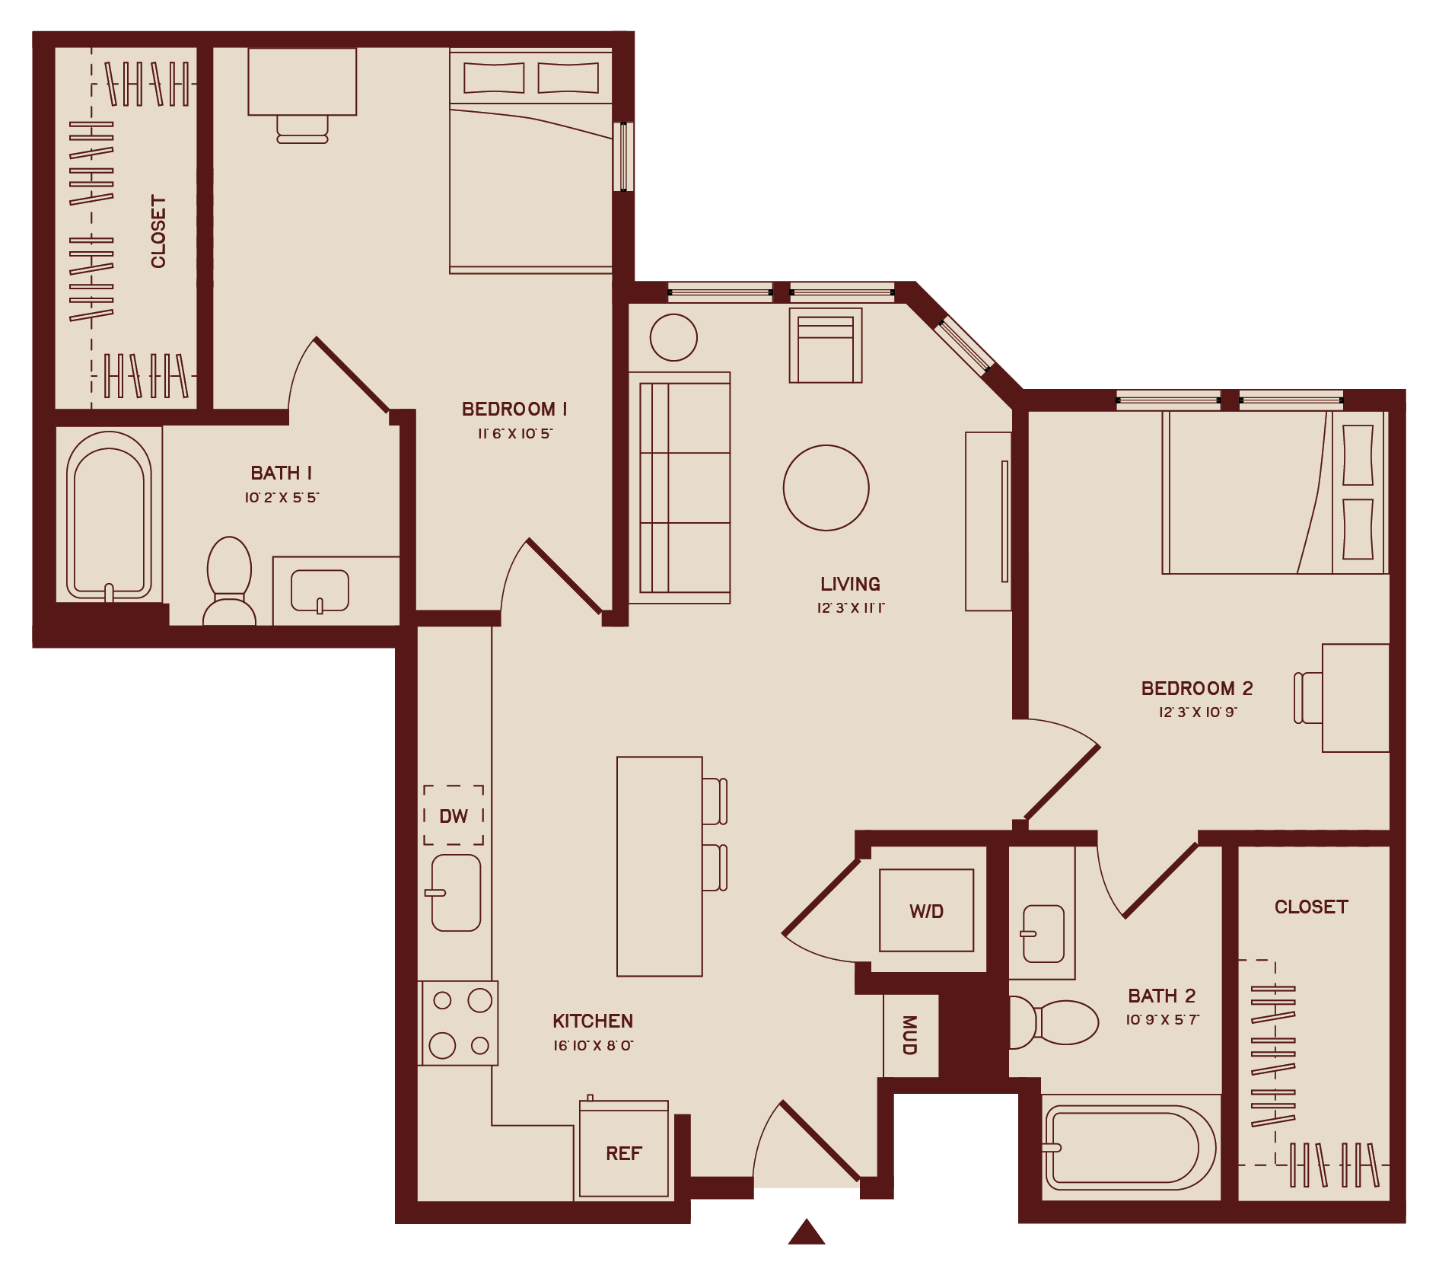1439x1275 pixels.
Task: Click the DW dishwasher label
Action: [x=454, y=816]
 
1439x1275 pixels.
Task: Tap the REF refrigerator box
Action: [x=624, y=1152]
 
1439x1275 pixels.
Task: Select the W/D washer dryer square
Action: [x=926, y=910]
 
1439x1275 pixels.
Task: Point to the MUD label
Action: [x=909, y=1034]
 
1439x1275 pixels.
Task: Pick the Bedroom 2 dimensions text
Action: [x=1198, y=712]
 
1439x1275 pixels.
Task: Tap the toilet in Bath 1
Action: [x=229, y=580]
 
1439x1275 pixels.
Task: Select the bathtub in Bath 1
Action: [x=109, y=516]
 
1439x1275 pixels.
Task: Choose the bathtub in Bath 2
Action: [x=1129, y=1146]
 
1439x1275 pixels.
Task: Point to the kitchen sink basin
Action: [x=456, y=892]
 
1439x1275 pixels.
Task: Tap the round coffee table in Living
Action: [x=826, y=488]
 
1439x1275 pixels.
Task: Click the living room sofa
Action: [x=680, y=488]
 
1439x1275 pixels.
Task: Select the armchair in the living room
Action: [x=826, y=346]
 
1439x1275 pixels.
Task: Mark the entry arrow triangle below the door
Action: [x=807, y=1232]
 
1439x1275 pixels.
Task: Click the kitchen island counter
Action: [x=659, y=866]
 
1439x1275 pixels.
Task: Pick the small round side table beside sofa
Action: [x=673, y=337]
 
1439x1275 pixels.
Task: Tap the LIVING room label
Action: [x=850, y=584]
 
